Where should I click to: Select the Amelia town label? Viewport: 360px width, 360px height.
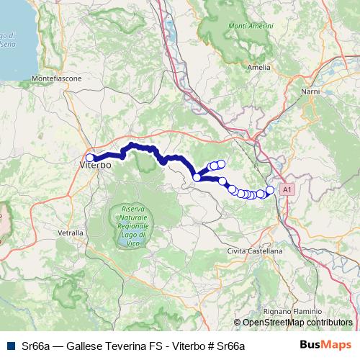[258, 67]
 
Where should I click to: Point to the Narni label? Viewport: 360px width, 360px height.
[310, 93]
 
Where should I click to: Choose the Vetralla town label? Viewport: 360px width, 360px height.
[70, 233]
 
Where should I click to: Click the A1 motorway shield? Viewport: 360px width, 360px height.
[287, 189]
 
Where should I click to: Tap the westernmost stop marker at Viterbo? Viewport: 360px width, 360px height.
[90, 158]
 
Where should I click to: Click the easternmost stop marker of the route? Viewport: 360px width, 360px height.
[270, 190]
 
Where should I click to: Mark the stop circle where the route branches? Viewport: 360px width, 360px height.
[197, 176]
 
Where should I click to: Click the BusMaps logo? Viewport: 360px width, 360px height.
[325, 346]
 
